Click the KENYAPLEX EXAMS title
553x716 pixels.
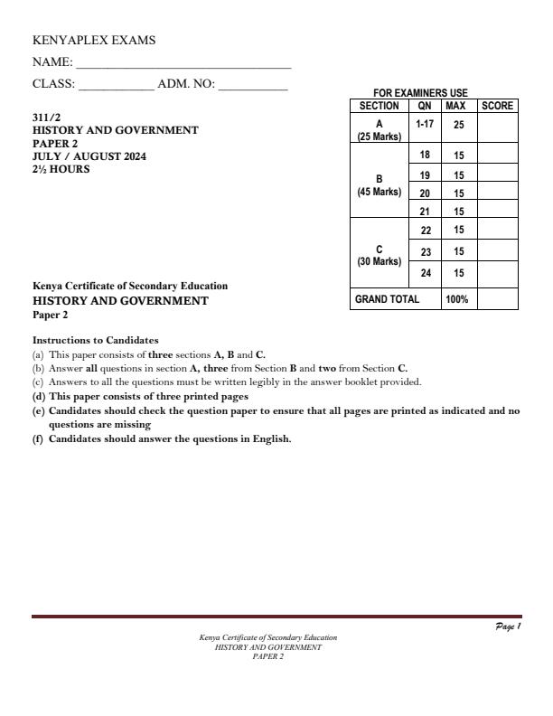94,41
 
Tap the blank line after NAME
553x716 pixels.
183,64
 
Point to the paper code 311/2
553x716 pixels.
45,118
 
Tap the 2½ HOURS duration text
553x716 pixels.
61,169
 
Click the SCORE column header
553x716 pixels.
497,106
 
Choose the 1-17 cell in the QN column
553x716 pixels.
425,121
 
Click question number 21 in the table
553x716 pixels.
425,211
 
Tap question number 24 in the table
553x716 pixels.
425,272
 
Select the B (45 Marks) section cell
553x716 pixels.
380,185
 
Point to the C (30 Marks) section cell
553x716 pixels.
380,255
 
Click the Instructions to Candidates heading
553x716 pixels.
95,340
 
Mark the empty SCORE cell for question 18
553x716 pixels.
497,155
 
